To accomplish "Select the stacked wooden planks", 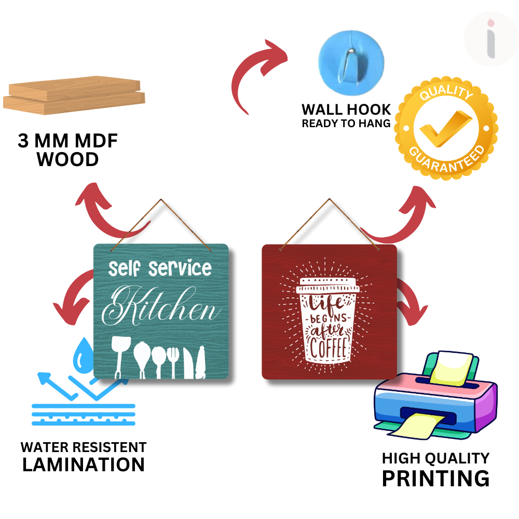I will pyautogui.click(x=74, y=96).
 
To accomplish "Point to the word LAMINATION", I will pyautogui.click(x=83, y=464).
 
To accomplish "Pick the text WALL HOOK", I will pyautogui.click(x=346, y=110).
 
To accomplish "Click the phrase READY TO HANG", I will pyautogui.click(x=346, y=124).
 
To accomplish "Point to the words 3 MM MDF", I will pyautogui.click(x=68, y=141).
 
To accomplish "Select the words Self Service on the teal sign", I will pyautogui.click(x=160, y=268).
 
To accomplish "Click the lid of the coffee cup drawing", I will pyautogui.click(x=329, y=284).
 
